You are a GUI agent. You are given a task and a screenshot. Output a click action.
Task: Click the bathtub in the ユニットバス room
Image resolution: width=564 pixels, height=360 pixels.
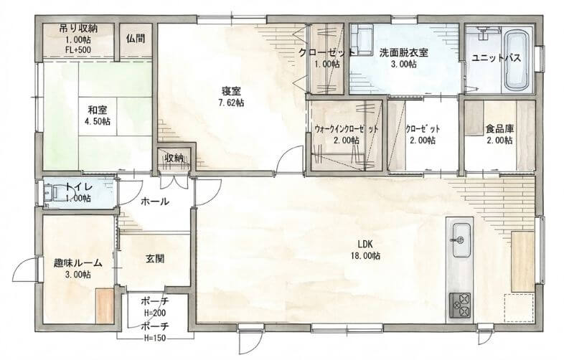point(518,60)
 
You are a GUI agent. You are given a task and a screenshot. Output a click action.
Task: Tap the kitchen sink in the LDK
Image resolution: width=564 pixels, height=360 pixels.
point(461,240)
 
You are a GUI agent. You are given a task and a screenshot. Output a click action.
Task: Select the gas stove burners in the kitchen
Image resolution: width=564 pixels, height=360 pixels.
point(460,305)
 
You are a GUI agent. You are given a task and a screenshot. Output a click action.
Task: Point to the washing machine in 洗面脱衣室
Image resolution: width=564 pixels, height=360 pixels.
point(362,40)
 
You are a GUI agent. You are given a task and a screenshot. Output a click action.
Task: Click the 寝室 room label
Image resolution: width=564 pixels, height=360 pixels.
point(231,91)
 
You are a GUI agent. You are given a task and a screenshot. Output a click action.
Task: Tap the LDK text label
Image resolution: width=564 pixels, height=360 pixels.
point(365,245)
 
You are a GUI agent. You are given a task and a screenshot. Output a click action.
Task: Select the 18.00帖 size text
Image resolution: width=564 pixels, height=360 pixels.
point(365,256)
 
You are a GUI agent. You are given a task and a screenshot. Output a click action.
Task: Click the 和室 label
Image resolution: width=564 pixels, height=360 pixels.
point(97,110)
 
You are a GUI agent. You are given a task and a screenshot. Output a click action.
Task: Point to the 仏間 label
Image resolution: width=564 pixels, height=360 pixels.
point(136,39)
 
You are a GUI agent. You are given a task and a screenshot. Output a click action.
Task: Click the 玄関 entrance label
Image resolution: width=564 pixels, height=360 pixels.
point(155,258)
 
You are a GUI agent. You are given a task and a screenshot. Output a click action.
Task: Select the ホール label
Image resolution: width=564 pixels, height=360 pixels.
point(154,202)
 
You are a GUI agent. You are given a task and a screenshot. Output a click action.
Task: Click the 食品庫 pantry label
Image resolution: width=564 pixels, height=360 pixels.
point(499,128)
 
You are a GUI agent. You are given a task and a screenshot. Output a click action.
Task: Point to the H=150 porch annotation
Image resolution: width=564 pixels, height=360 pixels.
point(156,338)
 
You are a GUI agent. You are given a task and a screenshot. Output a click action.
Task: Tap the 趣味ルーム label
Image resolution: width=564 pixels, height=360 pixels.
point(77,263)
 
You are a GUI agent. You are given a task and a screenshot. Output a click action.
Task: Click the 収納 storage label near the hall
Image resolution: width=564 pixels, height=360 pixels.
point(174,158)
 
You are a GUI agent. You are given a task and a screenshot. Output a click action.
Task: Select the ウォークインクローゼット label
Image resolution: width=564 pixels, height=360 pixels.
point(346,129)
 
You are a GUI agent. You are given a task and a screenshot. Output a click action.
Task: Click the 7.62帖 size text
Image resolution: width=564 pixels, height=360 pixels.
point(231,103)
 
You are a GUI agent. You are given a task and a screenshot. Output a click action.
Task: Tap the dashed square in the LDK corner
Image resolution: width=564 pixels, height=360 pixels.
point(519,308)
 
